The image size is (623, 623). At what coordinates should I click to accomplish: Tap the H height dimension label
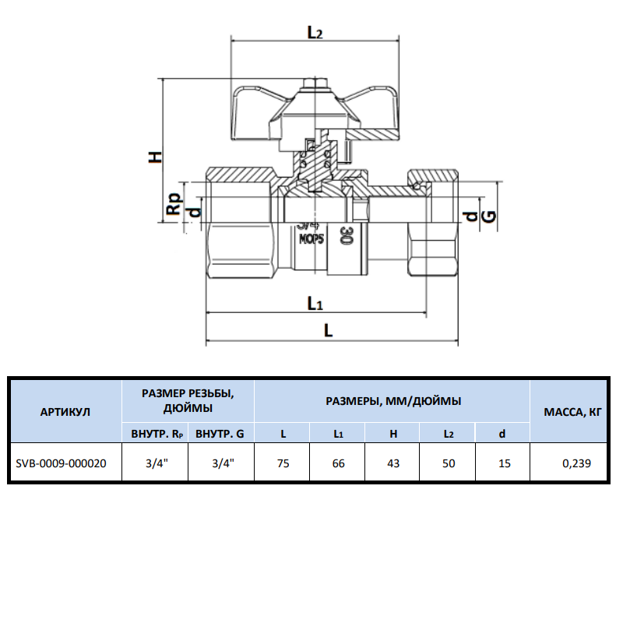pyautogui.click(x=156, y=156)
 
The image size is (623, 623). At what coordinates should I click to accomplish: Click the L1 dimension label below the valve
pyautogui.click(x=315, y=302)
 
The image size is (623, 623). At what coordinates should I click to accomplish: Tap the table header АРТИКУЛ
pyautogui.click(x=65, y=411)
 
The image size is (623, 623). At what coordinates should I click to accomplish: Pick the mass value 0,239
pyautogui.click(x=577, y=463)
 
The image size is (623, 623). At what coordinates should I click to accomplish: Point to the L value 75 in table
pyautogui.click(x=283, y=463)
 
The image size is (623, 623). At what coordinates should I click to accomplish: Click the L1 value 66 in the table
pyautogui.click(x=338, y=463)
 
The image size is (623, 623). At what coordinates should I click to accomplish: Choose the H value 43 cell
pyautogui.click(x=393, y=463)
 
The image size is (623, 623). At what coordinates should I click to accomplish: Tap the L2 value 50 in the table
pyautogui.click(x=449, y=463)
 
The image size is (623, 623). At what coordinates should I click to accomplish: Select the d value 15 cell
pyautogui.click(x=504, y=463)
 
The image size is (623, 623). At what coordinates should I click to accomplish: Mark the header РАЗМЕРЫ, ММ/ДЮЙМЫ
pyautogui.click(x=392, y=401)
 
